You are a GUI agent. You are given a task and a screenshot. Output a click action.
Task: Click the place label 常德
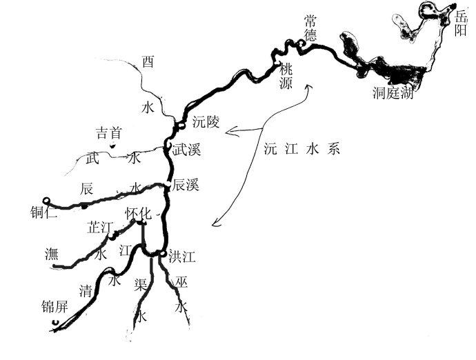pyautogui.click(x=310, y=28)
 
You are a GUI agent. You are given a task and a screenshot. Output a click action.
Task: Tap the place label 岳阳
pyautogui.click(x=461, y=21)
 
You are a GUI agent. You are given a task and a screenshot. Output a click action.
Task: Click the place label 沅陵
pyautogui.click(x=206, y=123)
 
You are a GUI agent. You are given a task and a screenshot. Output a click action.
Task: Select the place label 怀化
pyautogui.click(x=138, y=214)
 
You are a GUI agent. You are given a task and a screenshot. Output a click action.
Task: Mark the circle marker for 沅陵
pyautogui.click(x=181, y=125)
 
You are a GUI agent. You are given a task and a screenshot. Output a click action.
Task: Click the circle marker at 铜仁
pyautogui.click(x=46, y=200)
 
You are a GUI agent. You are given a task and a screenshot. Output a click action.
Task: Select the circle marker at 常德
pyautogui.click(x=301, y=45)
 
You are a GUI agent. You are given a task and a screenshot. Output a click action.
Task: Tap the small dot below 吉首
pyautogui.click(x=112, y=146)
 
